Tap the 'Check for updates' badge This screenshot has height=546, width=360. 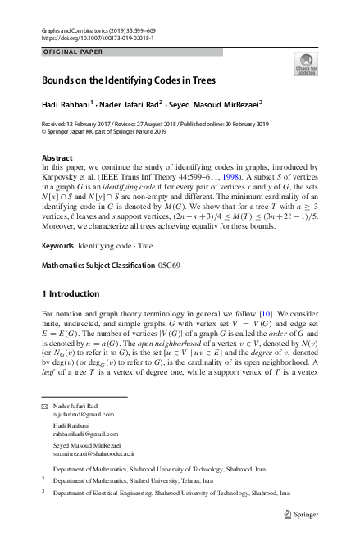tap(306, 65)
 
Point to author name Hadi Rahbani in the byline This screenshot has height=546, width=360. tap(66, 105)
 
